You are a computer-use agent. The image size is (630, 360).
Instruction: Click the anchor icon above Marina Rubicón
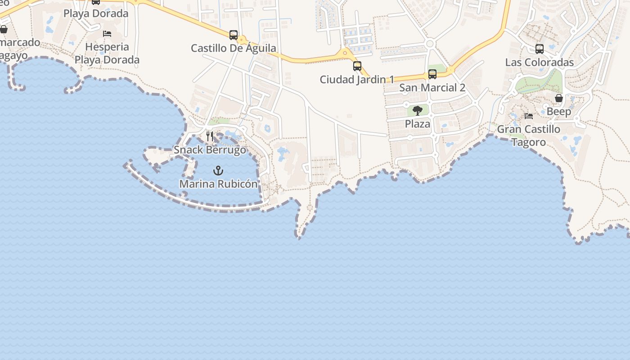click(x=218, y=171)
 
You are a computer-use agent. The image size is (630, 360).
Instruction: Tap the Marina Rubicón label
click(x=218, y=184)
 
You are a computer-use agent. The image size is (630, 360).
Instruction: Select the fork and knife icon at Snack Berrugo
click(x=210, y=136)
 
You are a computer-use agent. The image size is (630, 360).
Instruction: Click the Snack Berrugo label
click(x=210, y=150)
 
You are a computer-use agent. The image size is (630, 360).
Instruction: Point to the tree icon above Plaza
click(x=418, y=110)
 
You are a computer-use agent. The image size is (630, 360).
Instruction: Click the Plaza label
click(x=418, y=124)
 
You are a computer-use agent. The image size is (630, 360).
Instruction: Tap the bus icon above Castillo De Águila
click(x=234, y=35)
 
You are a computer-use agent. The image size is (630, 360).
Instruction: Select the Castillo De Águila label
click(x=234, y=48)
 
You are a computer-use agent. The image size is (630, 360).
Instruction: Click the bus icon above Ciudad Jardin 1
click(x=357, y=66)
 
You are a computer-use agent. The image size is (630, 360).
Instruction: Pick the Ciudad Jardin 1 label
click(x=357, y=80)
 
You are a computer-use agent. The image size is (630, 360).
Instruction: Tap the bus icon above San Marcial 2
click(x=432, y=74)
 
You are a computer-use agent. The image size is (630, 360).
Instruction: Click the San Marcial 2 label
click(x=432, y=88)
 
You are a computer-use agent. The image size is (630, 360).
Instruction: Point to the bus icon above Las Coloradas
click(x=540, y=49)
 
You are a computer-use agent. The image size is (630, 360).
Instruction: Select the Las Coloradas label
click(x=540, y=63)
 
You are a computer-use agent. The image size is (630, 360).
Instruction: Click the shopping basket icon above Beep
click(x=559, y=98)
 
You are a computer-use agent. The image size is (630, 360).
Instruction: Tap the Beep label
click(x=559, y=112)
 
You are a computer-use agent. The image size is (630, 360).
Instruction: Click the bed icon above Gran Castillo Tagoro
click(x=529, y=116)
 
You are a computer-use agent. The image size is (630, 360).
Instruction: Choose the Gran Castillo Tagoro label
click(x=529, y=135)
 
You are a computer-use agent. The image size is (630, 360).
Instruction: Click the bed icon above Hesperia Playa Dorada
click(x=107, y=34)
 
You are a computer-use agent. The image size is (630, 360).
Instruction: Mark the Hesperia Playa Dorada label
click(x=107, y=53)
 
